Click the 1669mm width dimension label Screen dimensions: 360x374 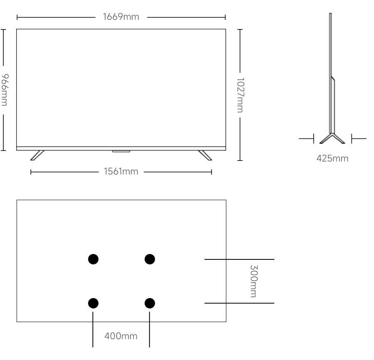click(x=121, y=17)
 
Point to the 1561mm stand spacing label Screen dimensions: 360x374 click(x=121, y=171)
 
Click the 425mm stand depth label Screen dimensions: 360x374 click(x=332, y=158)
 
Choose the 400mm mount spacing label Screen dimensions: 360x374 click(x=121, y=335)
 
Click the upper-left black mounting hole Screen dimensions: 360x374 click(x=93, y=259)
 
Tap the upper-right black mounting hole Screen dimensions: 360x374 click(x=150, y=259)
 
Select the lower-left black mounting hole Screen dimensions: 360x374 click(x=93, y=303)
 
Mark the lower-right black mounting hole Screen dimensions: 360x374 click(x=150, y=303)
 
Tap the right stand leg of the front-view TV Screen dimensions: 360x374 click(x=205, y=155)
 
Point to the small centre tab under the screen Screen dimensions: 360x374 click(x=121, y=151)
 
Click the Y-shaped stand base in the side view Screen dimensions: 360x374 click(x=332, y=138)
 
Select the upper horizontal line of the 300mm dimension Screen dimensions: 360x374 click(x=239, y=259)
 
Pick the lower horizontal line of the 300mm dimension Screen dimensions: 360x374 click(x=239, y=303)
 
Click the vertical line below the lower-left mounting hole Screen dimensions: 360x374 click(x=93, y=328)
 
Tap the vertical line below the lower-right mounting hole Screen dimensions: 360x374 click(x=149, y=328)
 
